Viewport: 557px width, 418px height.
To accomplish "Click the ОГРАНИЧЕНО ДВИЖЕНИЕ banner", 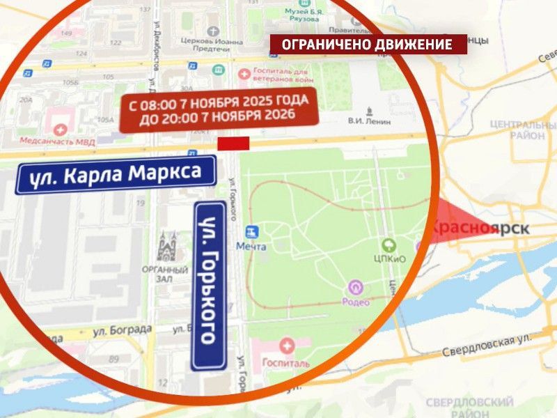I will (x=368, y=45).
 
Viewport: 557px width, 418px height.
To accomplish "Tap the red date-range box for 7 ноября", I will (x=218, y=109).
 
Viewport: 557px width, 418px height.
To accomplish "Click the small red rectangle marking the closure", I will (x=233, y=144).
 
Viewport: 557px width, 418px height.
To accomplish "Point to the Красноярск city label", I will (x=480, y=228).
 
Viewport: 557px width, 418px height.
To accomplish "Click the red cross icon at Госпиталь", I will (x=286, y=345).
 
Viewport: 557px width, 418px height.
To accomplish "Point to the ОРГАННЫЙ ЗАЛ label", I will (x=166, y=274).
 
